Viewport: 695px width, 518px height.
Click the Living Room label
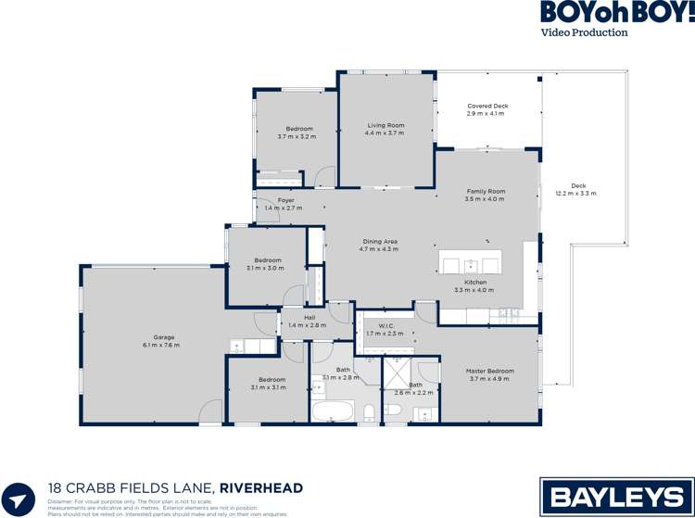click(x=385, y=125)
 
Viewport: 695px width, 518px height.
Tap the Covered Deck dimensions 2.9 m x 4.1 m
click(x=486, y=114)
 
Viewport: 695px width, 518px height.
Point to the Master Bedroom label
click(x=489, y=371)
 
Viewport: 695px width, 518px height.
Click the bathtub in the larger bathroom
click(x=333, y=411)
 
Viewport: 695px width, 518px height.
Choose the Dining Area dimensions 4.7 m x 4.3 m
click(x=379, y=249)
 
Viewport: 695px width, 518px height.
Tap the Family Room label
click(x=486, y=191)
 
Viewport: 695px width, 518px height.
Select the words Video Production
click(x=585, y=32)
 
